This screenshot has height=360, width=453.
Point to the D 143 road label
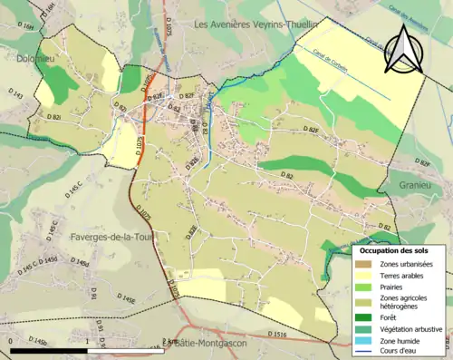16,94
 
